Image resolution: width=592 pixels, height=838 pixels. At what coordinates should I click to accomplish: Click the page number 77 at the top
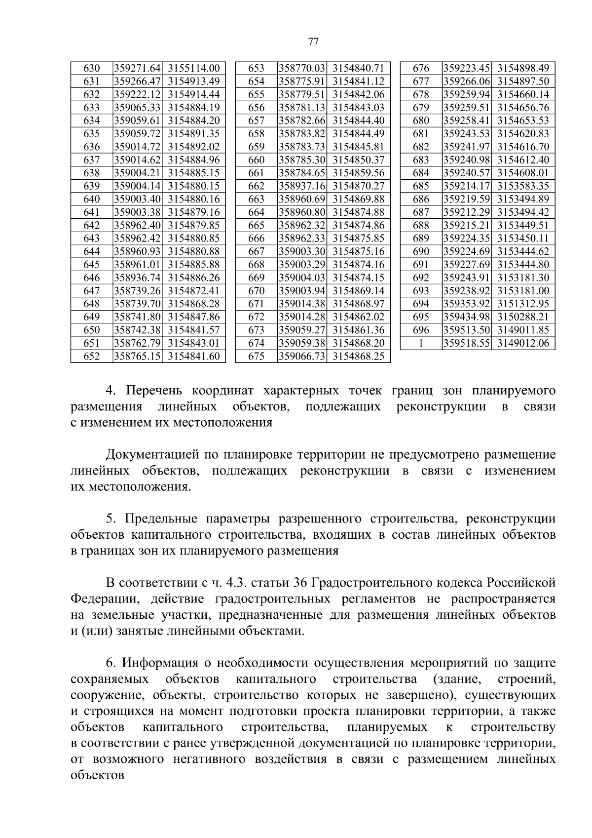[x=313, y=42]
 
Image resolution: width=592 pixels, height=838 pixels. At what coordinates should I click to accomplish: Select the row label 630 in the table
[x=92, y=68]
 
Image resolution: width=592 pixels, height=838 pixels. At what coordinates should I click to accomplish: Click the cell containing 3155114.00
[x=193, y=68]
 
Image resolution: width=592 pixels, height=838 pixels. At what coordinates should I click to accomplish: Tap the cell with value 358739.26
[x=138, y=290]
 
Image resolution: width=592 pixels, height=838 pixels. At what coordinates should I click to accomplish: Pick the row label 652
[x=92, y=356]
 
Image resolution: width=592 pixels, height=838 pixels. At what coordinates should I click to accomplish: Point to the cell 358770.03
[x=302, y=68]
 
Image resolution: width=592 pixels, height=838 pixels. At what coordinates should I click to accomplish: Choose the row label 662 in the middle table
[x=257, y=186]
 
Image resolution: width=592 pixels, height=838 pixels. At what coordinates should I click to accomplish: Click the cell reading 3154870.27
[x=358, y=186]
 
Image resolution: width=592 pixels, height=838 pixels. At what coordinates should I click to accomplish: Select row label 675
[x=257, y=356]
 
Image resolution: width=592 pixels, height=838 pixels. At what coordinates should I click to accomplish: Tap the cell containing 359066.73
[x=302, y=356]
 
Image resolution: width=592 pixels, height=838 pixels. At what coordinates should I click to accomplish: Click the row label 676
[x=421, y=68]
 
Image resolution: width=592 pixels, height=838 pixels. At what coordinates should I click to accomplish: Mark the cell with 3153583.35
[x=523, y=186]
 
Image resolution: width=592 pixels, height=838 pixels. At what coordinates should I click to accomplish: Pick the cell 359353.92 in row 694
[x=467, y=304]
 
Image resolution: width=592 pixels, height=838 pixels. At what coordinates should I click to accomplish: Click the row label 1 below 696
[x=421, y=343]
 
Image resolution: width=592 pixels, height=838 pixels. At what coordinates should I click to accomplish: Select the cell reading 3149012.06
[x=523, y=343]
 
